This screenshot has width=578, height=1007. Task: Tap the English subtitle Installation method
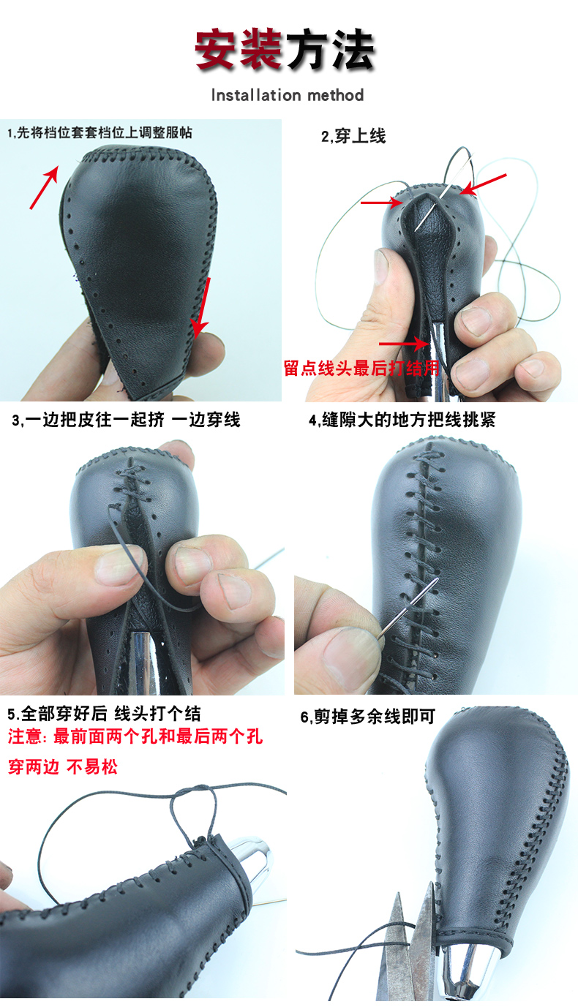[x=287, y=95]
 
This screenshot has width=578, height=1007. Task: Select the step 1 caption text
[x=100, y=133]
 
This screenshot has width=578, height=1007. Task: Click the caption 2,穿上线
[x=353, y=135]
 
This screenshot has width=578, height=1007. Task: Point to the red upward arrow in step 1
[x=44, y=187]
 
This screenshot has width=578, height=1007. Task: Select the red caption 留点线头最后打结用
[x=361, y=369]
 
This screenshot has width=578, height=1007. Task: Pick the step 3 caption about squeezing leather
[x=126, y=420]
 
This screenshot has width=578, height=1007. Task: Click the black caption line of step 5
[x=104, y=714]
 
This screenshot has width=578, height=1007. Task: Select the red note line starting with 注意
[x=135, y=736]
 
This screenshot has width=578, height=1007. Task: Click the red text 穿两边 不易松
[x=62, y=767]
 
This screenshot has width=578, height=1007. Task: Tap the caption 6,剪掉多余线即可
[x=367, y=717]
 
